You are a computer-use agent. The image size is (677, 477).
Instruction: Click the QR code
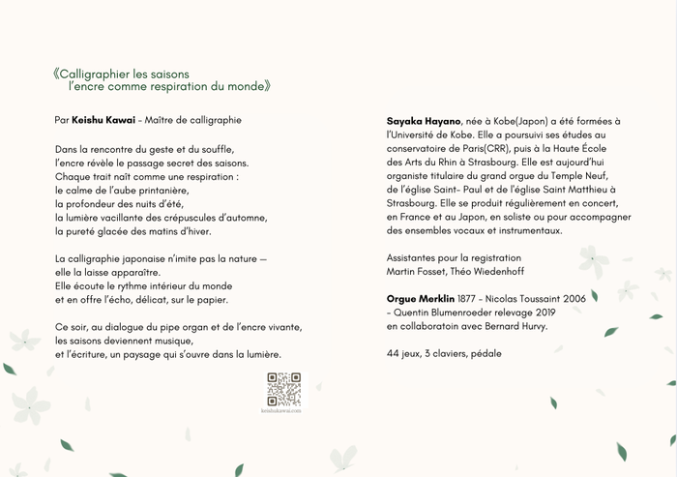click(283, 388)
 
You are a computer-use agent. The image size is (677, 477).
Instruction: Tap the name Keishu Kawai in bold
click(103, 120)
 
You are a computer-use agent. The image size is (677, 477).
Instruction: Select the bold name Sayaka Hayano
click(424, 120)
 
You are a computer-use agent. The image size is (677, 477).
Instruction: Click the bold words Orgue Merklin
click(422, 298)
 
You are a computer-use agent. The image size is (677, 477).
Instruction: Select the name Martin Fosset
click(416, 272)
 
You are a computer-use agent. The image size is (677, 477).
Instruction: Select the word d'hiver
click(192, 231)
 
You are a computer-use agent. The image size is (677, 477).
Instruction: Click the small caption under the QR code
click(283, 411)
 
